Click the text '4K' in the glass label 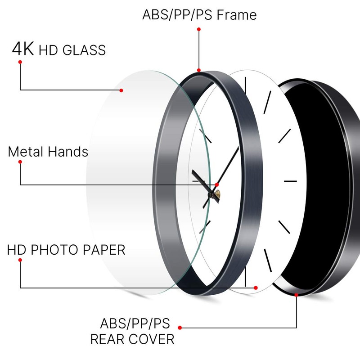coord(22,49)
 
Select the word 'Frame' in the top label coord(237,15)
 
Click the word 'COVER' coord(152,339)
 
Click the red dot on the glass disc coord(121,90)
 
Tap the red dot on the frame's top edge coord(199,70)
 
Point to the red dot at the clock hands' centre coord(217,185)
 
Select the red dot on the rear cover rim coord(296,295)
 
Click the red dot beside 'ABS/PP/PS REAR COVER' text coord(180,328)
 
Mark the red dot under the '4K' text coord(20,62)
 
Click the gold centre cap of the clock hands coord(218,194)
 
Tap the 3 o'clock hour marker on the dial coord(290,181)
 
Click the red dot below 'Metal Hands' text coord(20,162)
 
